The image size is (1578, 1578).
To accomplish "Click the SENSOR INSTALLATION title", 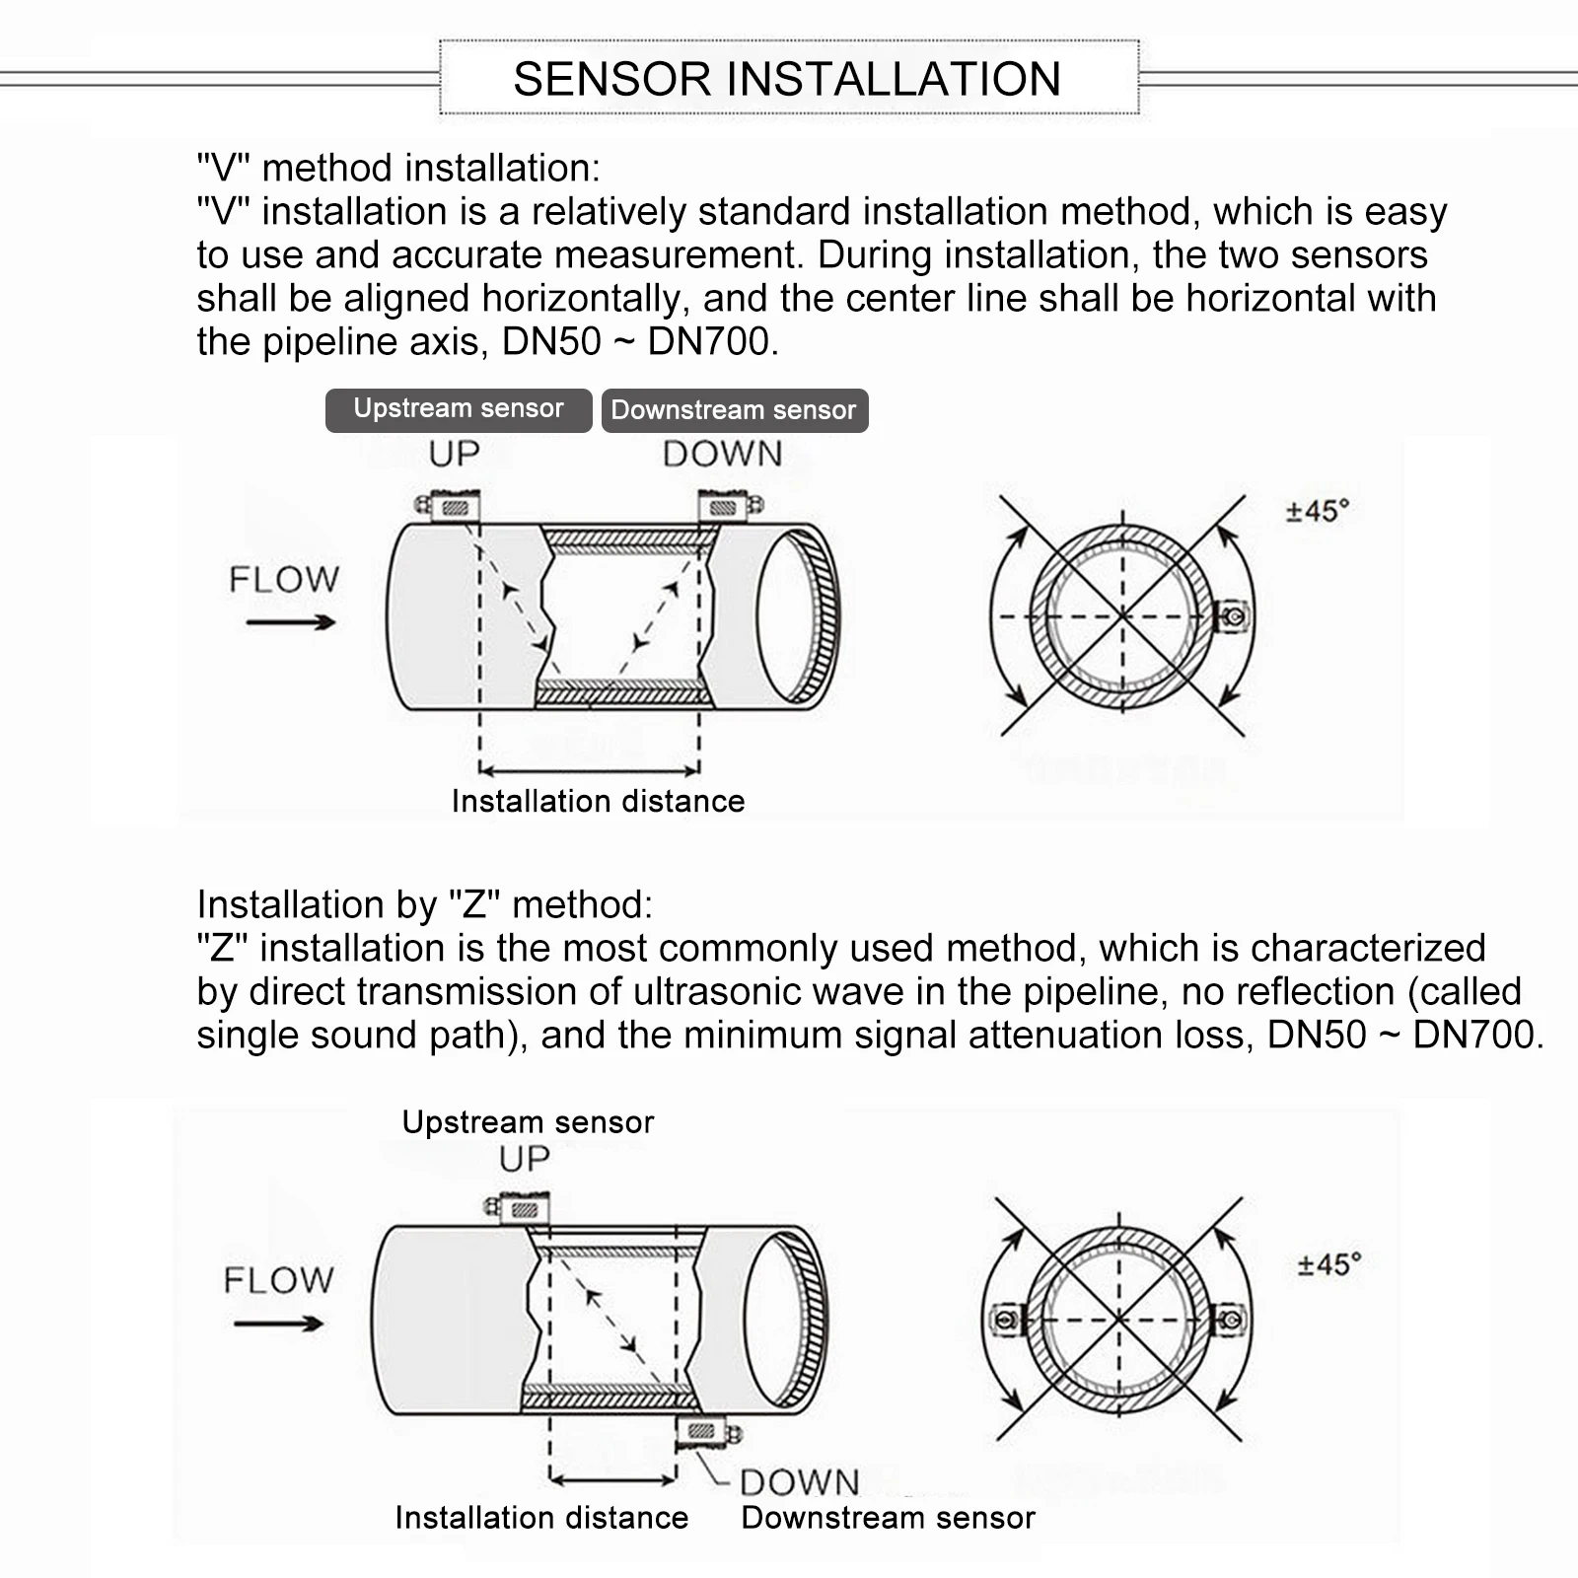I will pyautogui.click(x=787, y=79).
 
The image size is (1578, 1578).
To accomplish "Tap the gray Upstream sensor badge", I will pyautogui.click(x=459, y=409).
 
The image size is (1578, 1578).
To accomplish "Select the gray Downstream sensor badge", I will pyautogui.click(x=735, y=410).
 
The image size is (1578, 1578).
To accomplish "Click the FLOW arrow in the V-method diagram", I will pyautogui.click(x=291, y=621).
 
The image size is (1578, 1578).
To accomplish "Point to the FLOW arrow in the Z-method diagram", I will pyautogui.click(x=279, y=1324).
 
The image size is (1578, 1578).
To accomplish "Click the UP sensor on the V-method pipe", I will pyautogui.click(x=449, y=507).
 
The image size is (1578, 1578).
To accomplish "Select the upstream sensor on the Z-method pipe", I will pyautogui.click(x=520, y=1208).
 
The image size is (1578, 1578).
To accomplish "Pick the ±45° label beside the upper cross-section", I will pyautogui.click(x=1318, y=511).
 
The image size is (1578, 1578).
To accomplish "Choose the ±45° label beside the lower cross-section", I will pyautogui.click(x=1329, y=1264).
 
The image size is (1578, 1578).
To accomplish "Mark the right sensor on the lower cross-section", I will pyautogui.click(x=1230, y=1320).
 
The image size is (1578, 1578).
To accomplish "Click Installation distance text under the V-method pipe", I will pyautogui.click(x=598, y=801).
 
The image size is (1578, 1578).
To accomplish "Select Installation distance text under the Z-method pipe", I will pyautogui.click(x=541, y=1517).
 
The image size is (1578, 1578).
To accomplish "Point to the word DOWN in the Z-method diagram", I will pyautogui.click(x=799, y=1482).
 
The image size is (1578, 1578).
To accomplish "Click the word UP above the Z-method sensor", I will pyautogui.click(x=524, y=1159).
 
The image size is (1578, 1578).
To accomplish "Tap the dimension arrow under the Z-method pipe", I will pyautogui.click(x=612, y=1479).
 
